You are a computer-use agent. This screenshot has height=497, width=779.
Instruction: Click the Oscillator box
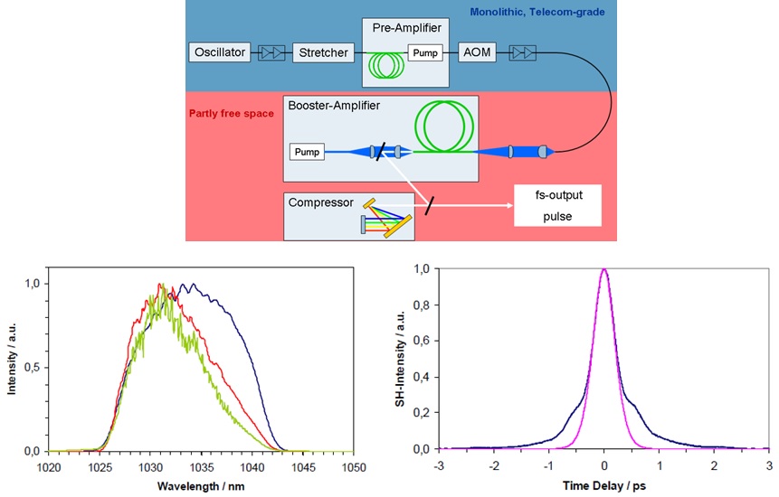(219, 52)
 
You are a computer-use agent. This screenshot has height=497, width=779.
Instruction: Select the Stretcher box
(323, 52)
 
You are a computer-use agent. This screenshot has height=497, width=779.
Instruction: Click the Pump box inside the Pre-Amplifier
(424, 52)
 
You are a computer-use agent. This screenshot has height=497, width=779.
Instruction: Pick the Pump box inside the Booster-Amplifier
(306, 152)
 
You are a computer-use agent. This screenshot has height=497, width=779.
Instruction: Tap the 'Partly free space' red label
(230, 115)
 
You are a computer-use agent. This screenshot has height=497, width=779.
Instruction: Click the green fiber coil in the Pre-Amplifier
(385, 63)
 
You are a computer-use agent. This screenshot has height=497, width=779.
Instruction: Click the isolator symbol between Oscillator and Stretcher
(272, 53)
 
